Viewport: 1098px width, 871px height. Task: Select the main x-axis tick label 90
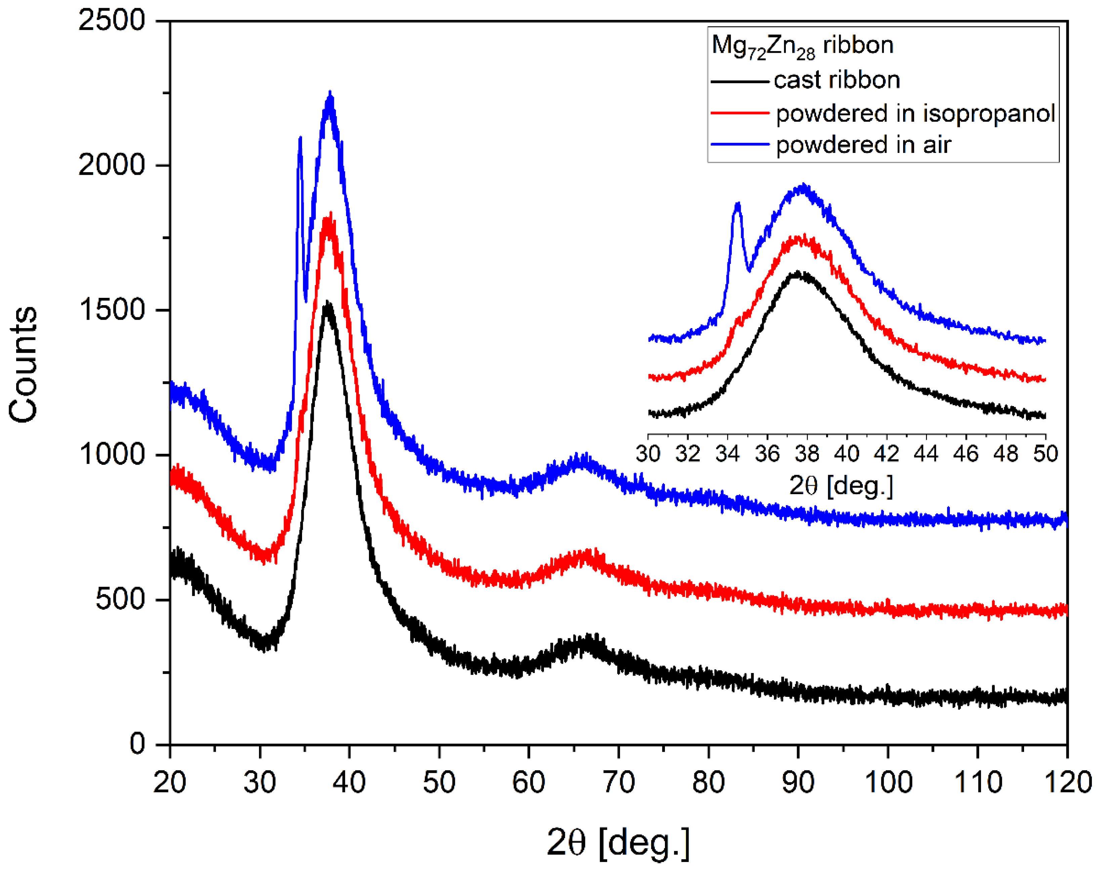click(x=798, y=782)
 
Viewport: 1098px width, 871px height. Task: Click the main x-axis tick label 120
click(x=1067, y=782)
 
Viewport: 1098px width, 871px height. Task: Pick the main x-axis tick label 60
click(x=529, y=782)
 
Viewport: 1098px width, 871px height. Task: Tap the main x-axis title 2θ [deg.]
click(x=618, y=842)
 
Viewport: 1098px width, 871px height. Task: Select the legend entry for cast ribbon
click(x=836, y=80)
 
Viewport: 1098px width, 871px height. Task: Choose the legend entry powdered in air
click(x=863, y=145)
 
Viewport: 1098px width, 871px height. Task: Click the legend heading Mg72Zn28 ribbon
click(x=802, y=46)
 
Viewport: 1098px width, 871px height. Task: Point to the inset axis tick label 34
click(x=727, y=453)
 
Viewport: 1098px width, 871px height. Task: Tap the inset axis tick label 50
click(x=1045, y=453)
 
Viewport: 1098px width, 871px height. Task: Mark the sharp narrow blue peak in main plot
click(x=300, y=138)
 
